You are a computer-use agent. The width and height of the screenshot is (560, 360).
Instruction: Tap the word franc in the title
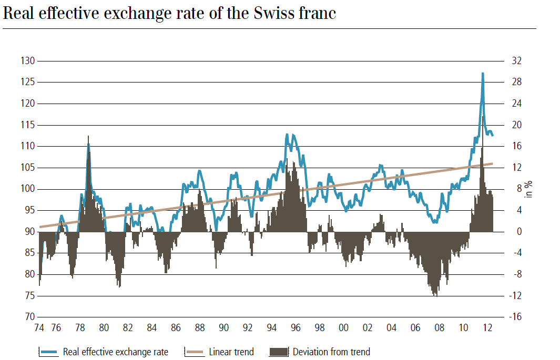pyautogui.click(x=317, y=13)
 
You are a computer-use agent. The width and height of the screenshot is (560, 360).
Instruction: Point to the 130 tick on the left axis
pyautogui.click(x=27, y=61)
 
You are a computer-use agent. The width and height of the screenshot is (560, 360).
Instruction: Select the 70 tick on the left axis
pyautogui.click(x=29, y=317)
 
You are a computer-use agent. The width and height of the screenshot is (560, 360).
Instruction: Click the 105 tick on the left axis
pyautogui.click(x=27, y=168)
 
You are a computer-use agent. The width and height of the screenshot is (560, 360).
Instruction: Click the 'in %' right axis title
pyautogui.click(x=529, y=189)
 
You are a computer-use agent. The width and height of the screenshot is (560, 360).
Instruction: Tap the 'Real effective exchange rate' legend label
pyautogui.click(x=116, y=352)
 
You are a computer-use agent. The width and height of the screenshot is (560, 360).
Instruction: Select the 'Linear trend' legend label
pyautogui.click(x=231, y=352)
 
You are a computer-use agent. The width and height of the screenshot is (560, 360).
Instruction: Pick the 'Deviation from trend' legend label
pyautogui.click(x=331, y=352)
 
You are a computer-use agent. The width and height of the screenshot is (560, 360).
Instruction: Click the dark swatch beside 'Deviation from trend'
pyautogui.click(x=278, y=352)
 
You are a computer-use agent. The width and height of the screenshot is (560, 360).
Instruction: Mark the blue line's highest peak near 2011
pyautogui.click(x=483, y=74)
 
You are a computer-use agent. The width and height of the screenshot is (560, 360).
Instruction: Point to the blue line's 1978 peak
pyautogui.click(x=88, y=143)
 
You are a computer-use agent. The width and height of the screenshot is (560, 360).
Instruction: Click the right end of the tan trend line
pyautogui.click(x=492, y=163)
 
